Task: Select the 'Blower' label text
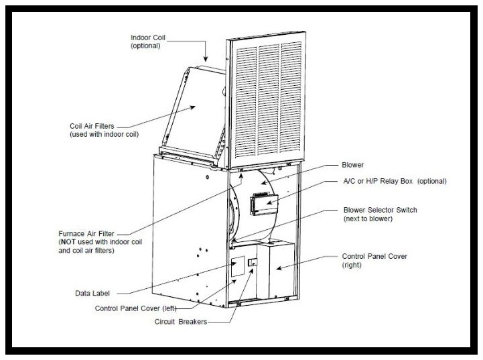coord(354,164)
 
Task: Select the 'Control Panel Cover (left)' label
coord(137,308)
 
